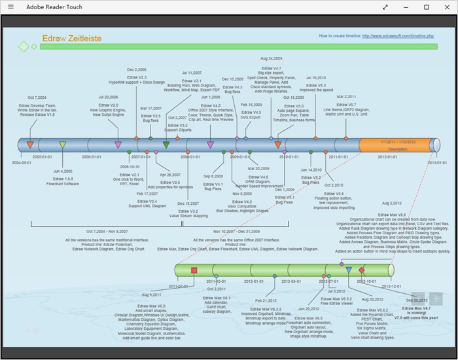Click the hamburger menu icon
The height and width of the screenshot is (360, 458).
[10, 7]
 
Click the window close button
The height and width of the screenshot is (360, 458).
[448, 7]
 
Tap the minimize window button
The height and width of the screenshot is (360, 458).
[406, 7]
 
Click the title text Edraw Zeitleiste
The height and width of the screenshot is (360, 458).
[71, 39]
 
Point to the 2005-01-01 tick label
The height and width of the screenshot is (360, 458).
[43, 157]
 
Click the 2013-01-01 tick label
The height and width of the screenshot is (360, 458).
[437, 162]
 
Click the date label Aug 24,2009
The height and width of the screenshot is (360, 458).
[271, 58]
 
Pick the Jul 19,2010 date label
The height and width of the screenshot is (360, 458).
[315, 77]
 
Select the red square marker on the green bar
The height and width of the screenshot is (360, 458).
[194, 270]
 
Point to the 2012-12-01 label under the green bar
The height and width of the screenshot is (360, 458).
[391, 286]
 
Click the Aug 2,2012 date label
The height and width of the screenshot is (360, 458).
[391, 204]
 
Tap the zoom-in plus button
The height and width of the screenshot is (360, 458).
[436, 298]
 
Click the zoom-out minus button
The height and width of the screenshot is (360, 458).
[418, 298]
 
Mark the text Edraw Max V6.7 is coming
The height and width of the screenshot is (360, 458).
[417, 310]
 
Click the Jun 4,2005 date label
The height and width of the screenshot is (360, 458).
[63, 171]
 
